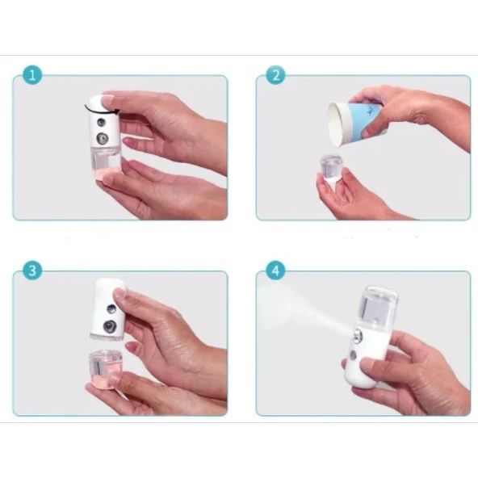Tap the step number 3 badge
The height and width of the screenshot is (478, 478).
31,270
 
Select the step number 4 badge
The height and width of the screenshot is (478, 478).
275,270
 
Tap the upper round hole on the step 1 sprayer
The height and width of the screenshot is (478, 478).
101,123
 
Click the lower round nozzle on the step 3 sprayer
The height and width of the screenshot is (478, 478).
109,327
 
